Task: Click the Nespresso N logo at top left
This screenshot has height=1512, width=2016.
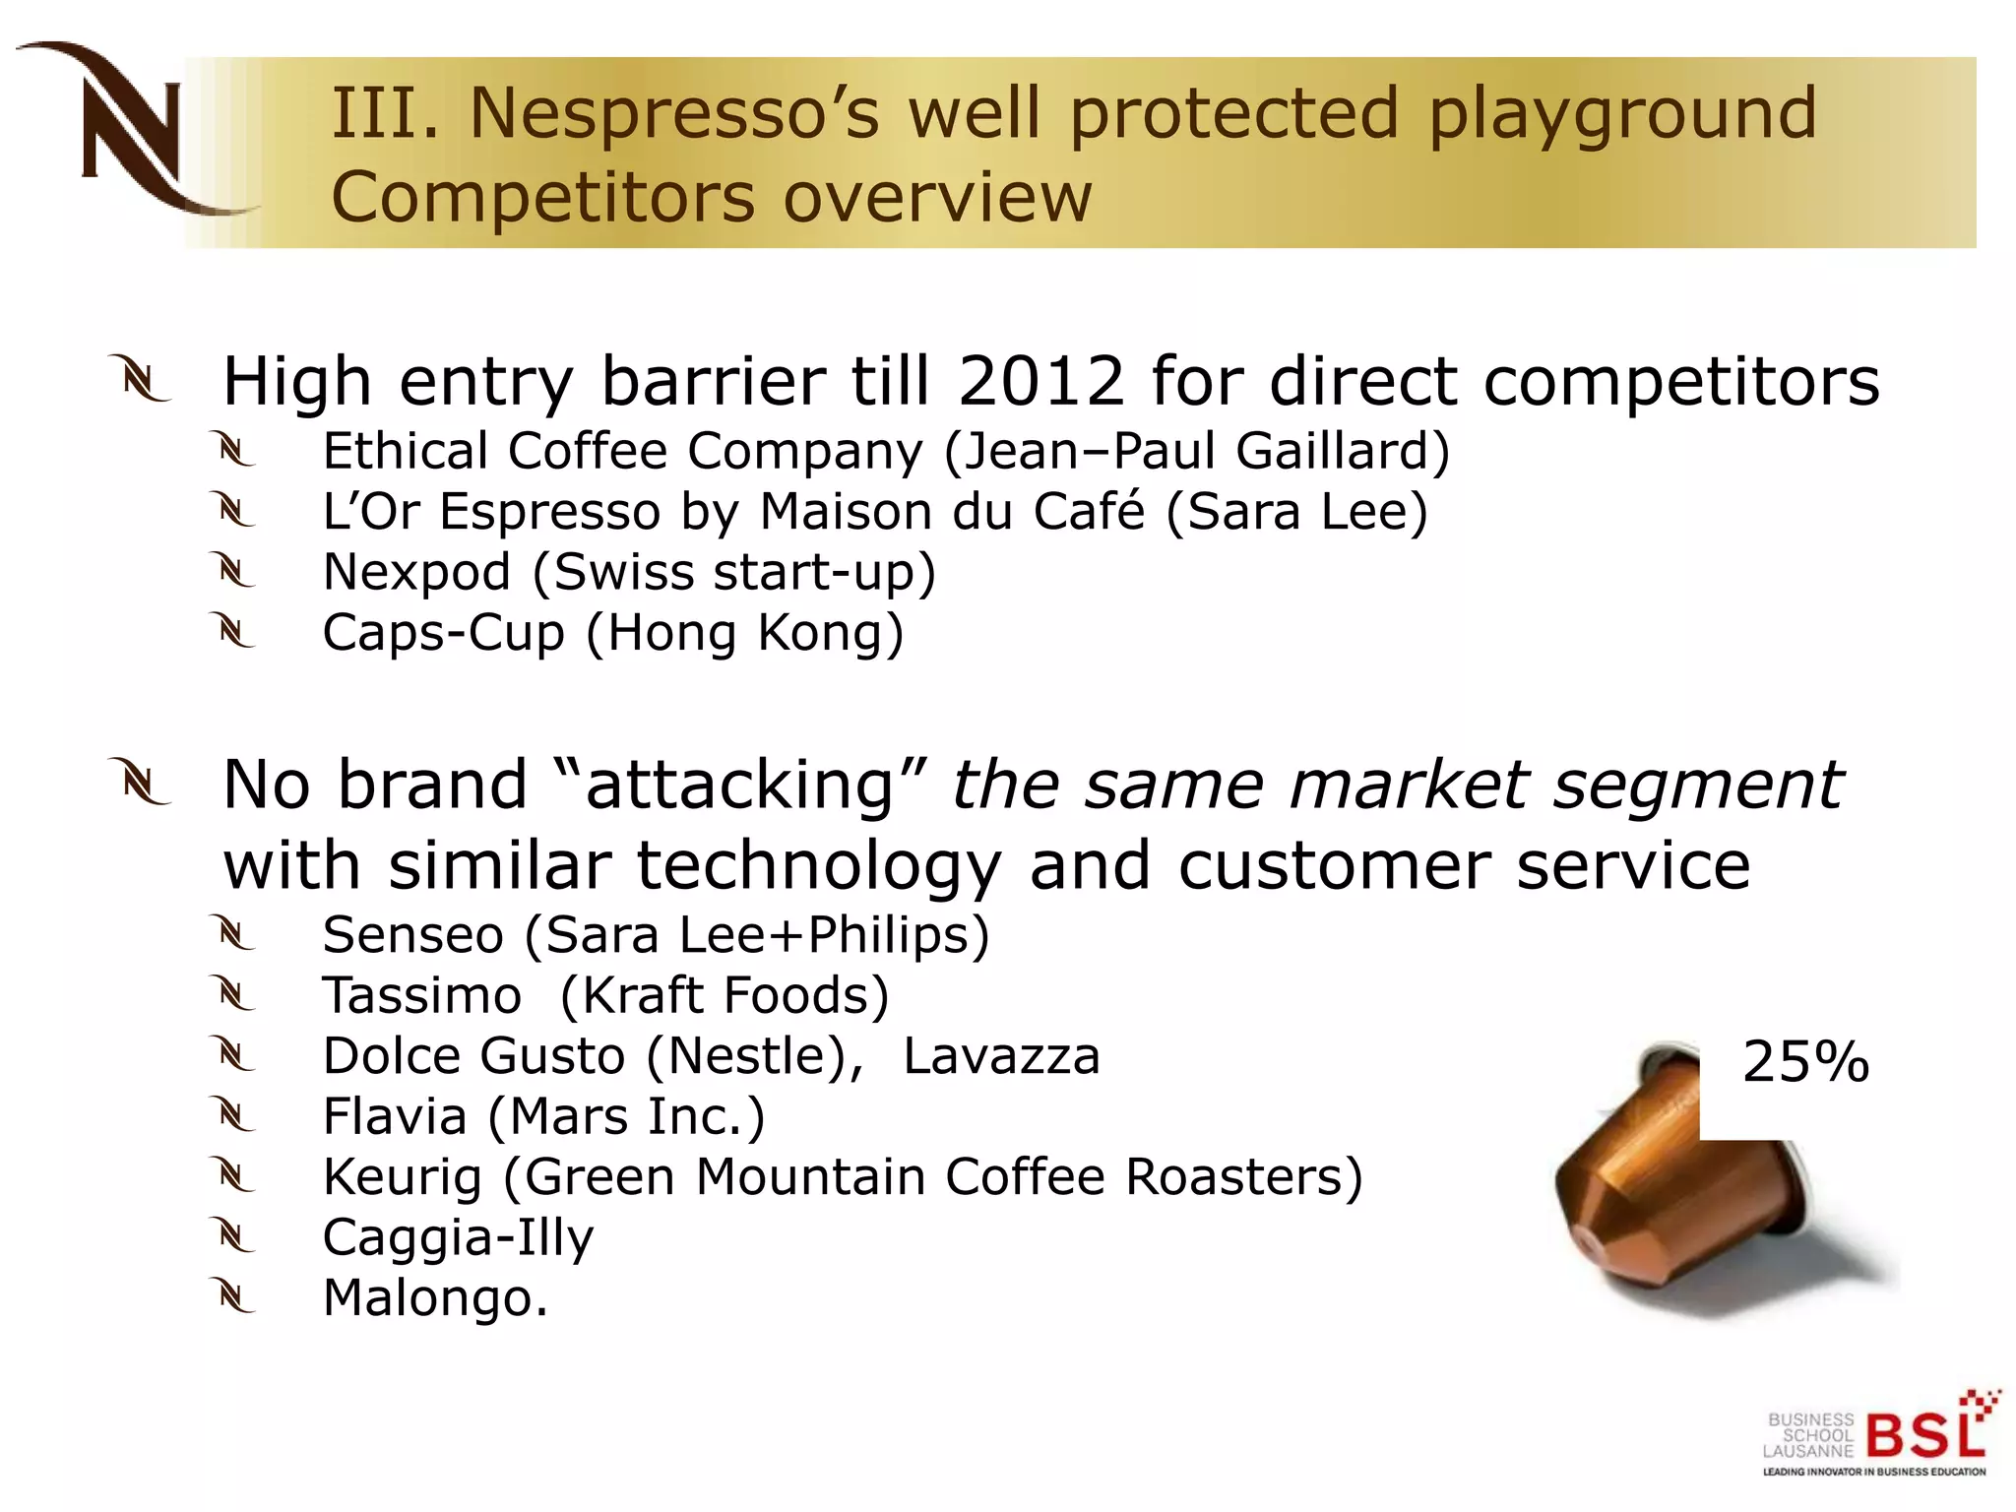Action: pyautogui.click(x=133, y=128)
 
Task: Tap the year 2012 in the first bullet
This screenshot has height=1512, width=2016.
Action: pyautogui.click(x=1040, y=381)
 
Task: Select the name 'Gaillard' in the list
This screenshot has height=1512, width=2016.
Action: pyautogui.click(x=1342, y=452)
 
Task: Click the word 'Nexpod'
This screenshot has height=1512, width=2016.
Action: pyautogui.click(x=416, y=573)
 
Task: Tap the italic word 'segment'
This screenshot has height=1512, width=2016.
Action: pyautogui.click(x=1697, y=786)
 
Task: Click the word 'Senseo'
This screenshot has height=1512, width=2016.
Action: pyautogui.click(x=412, y=935)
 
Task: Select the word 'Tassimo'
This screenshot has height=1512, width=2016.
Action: pyautogui.click(x=421, y=996)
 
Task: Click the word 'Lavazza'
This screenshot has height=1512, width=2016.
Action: pyautogui.click(x=1001, y=1056)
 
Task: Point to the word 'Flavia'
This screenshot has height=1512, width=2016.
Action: pyautogui.click(x=395, y=1117)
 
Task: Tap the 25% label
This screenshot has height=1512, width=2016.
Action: pyautogui.click(x=1805, y=1063)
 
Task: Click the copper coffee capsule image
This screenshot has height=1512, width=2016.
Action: pyautogui.click(x=1673, y=1201)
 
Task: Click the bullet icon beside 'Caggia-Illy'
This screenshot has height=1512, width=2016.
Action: pyautogui.click(x=235, y=1237)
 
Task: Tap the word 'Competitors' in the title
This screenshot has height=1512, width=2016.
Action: pyautogui.click(x=541, y=198)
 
